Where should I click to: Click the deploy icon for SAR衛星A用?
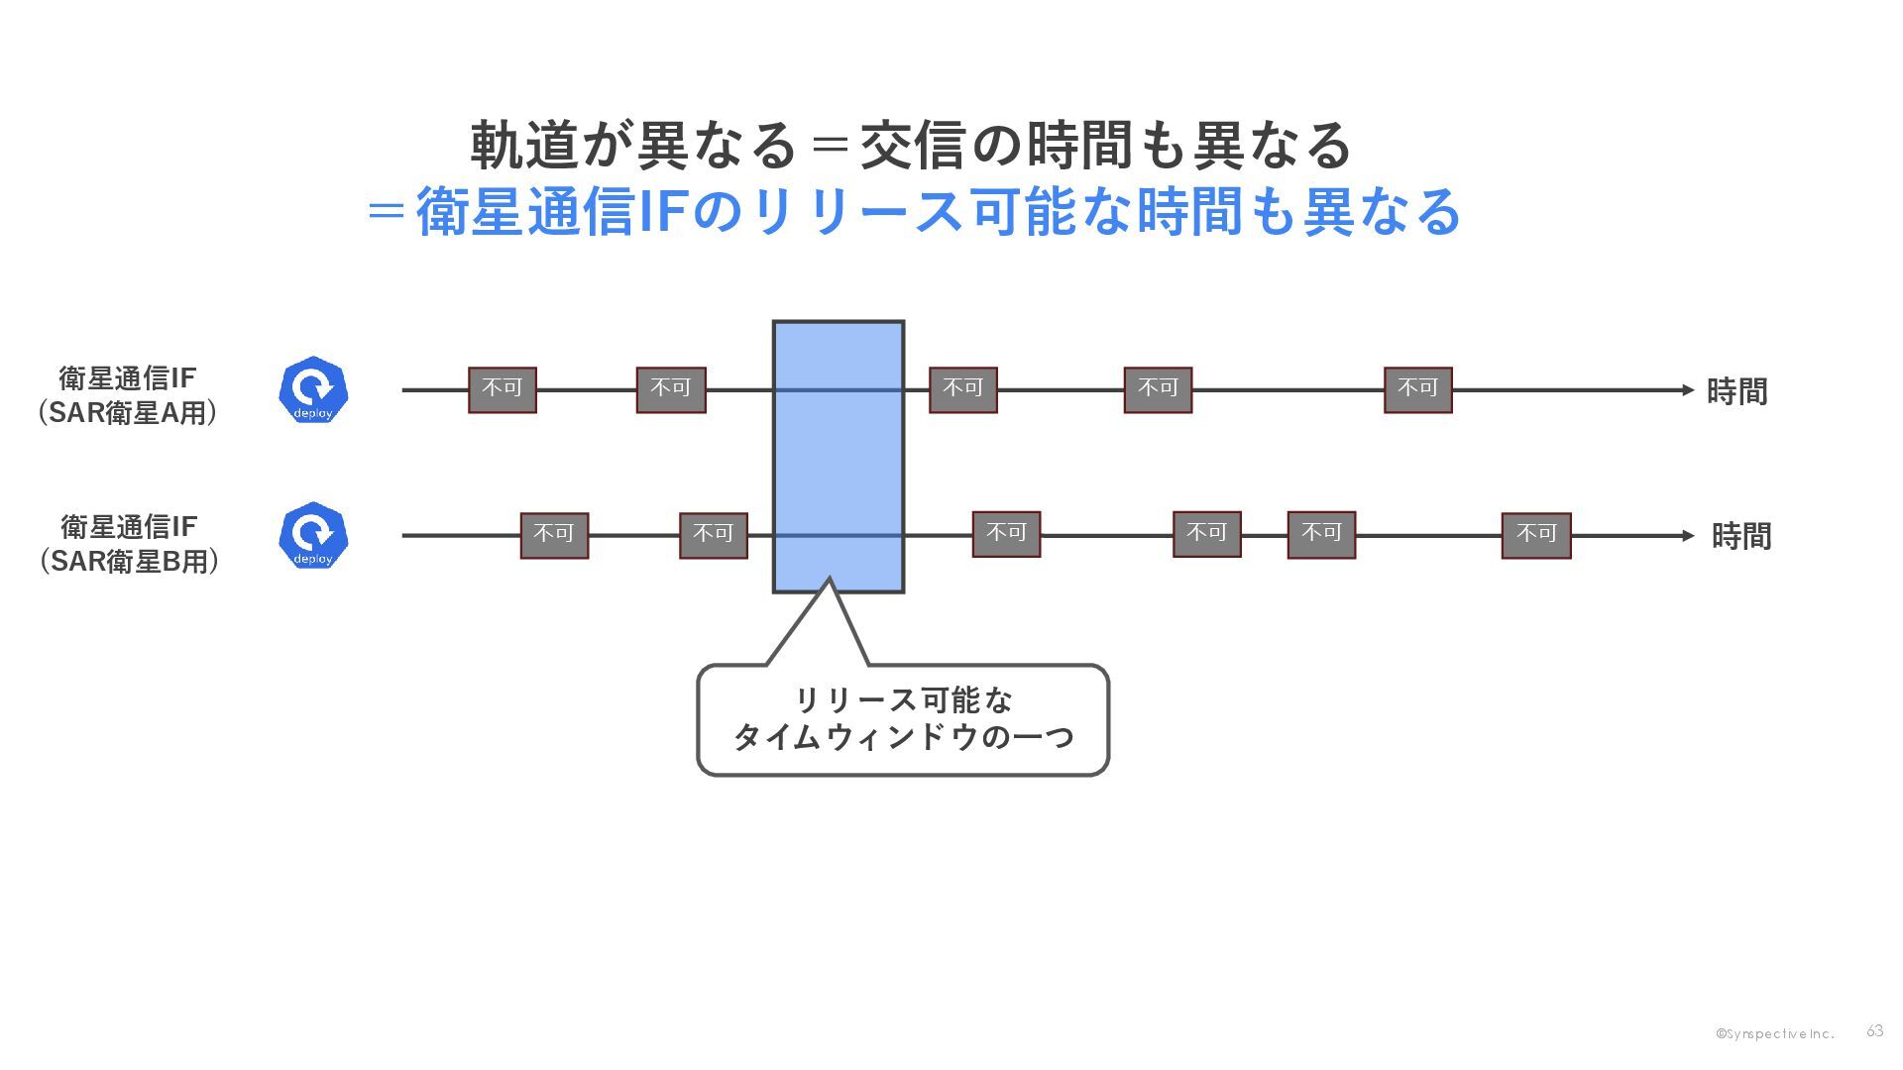pos(313,389)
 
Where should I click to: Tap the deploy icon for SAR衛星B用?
pos(313,535)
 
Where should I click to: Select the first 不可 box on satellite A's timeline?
pos(503,389)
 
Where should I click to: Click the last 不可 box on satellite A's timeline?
pos(1417,389)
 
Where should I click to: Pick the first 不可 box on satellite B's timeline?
pos(554,535)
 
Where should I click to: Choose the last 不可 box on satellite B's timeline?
pos(1535,535)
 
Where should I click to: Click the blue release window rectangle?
pos(838,457)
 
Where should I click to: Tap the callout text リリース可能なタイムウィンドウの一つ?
pos(903,719)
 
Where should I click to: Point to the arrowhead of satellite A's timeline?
pos(1688,390)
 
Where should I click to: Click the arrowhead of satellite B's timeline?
pos(1688,536)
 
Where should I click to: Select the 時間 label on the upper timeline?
pos(1736,391)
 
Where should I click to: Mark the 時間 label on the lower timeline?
pos(1740,536)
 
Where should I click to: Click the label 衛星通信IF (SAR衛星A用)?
pos(128,394)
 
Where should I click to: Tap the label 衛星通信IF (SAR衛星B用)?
pos(129,543)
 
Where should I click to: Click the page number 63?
pos(1874,1031)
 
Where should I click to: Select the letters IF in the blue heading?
pos(658,211)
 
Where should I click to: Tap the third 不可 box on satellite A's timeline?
pos(962,389)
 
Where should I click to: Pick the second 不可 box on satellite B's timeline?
pos(713,535)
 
